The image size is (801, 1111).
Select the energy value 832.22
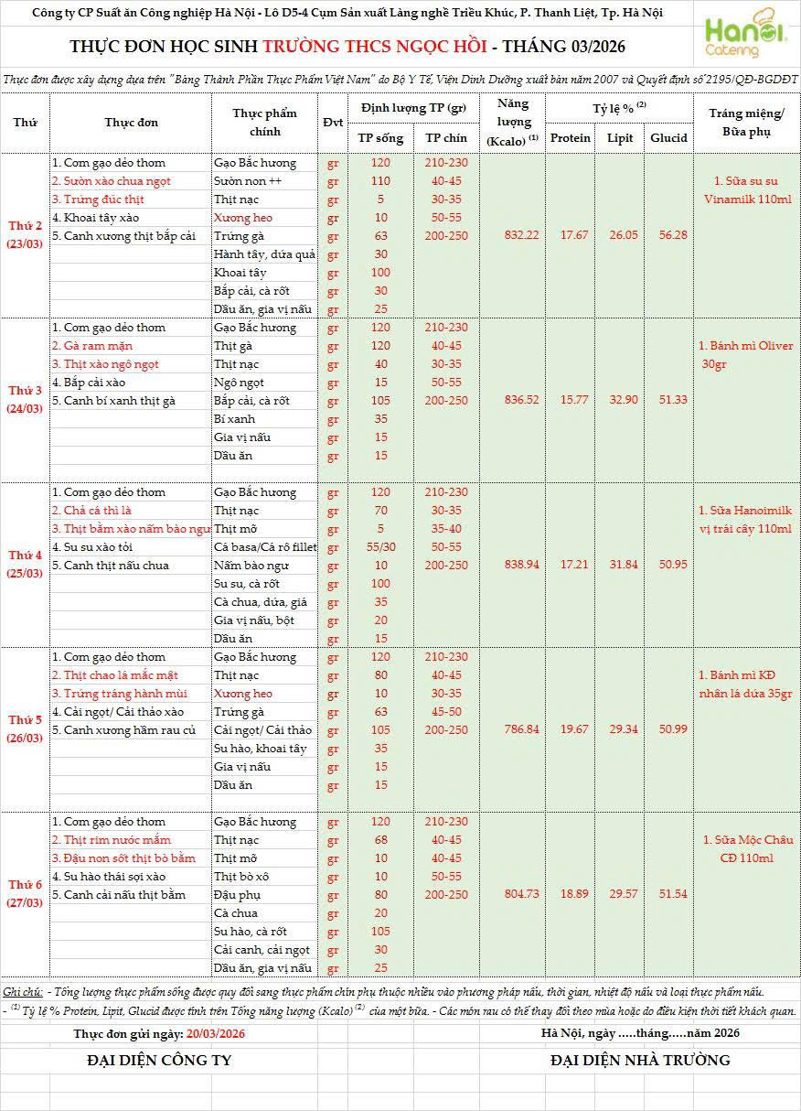(x=521, y=235)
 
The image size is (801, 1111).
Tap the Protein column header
(x=571, y=138)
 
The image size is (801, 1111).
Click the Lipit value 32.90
(x=623, y=400)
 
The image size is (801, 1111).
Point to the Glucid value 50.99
(x=669, y=729)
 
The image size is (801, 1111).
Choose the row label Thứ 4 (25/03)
(x=26, y=564)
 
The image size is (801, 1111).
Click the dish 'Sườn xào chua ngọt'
(x=112, y=181)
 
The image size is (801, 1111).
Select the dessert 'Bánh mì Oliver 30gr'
(x=745, y=355)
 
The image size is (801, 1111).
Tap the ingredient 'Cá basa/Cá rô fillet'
(x=264, y=547)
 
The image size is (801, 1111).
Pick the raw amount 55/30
(x=380, y=547)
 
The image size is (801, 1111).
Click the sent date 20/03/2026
(x=215, y=1033)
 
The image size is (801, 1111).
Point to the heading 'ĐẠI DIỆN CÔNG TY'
(x=159, y=1061)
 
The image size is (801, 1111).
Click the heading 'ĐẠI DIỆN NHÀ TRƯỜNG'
(x=640, y=1061)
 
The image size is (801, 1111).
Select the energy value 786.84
(x=521, y=729)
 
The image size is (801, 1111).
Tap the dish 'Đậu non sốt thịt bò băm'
(x=123, y=858)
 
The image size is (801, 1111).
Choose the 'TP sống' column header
(x=380, y=138)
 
